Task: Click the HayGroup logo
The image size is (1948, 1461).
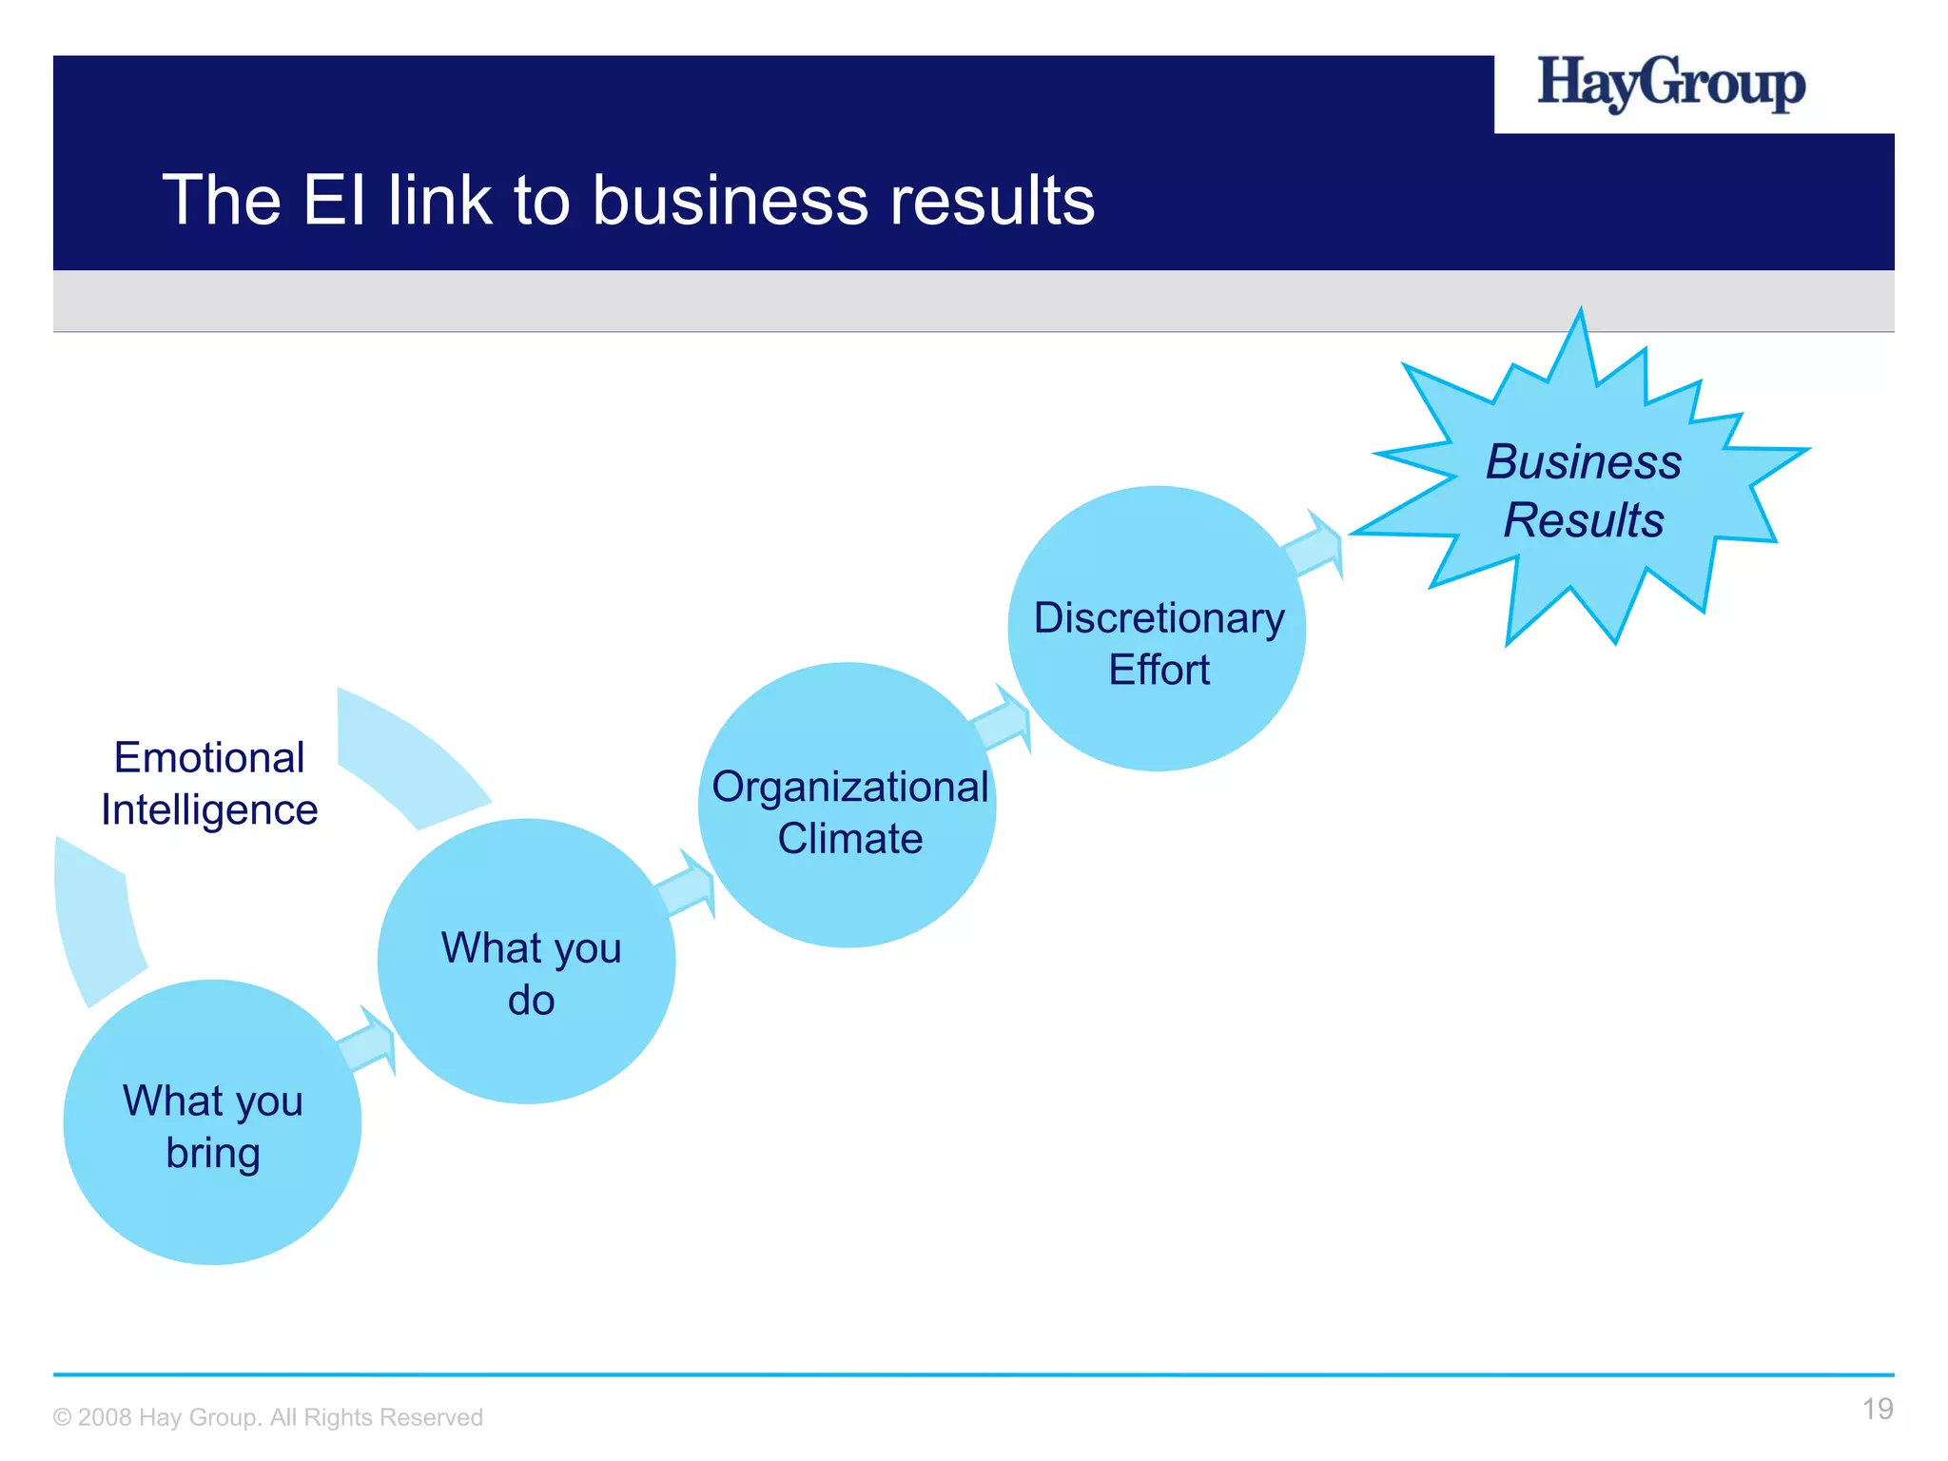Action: click(1671, 84)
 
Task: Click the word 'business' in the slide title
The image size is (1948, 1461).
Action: click(730, 201)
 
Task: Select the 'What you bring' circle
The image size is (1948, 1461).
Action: click(212, 1122)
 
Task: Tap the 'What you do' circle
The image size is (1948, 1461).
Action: click(527, 961)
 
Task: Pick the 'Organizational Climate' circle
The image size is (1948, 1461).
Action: click(847, 805)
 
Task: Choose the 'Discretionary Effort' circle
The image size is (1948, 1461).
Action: click(1157, 629)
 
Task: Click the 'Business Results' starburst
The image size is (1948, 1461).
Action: click(1584, 490)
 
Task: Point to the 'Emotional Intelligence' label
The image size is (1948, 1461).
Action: click(209, 784)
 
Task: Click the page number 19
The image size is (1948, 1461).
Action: click(1877, 1409)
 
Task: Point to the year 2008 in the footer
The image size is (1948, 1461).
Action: click(105, 1417)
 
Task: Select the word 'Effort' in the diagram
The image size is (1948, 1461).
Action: click(1159, 670)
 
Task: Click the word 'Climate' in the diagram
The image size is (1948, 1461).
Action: click(849, 839)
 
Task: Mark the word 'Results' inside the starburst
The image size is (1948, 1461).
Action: click(1584, 520)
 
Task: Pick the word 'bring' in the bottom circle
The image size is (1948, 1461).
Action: click(213, 1153)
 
